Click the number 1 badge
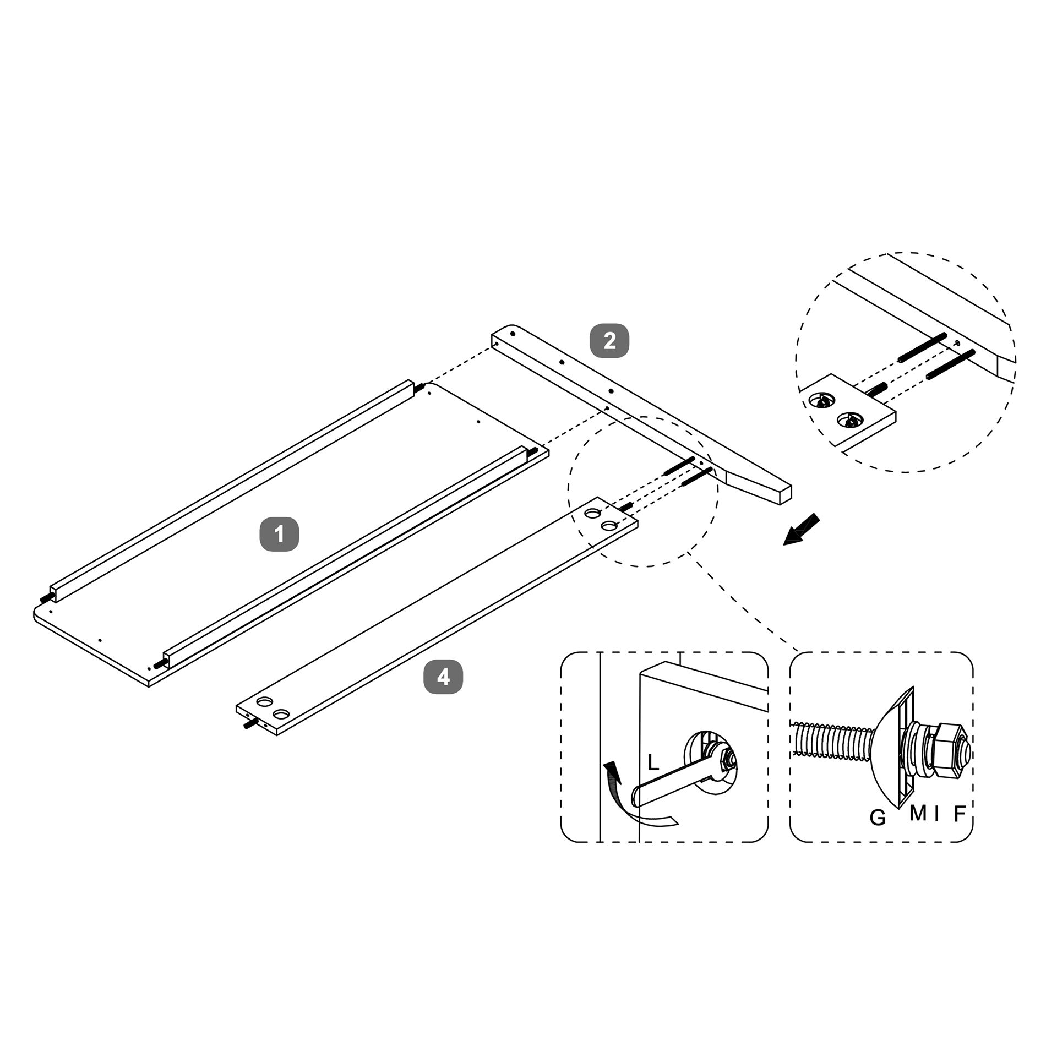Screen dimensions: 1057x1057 coord(279,533)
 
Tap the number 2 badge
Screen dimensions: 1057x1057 coord(609,341)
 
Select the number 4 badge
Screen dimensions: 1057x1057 coord(443,677)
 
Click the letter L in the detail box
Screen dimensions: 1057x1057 coord(653,762)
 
